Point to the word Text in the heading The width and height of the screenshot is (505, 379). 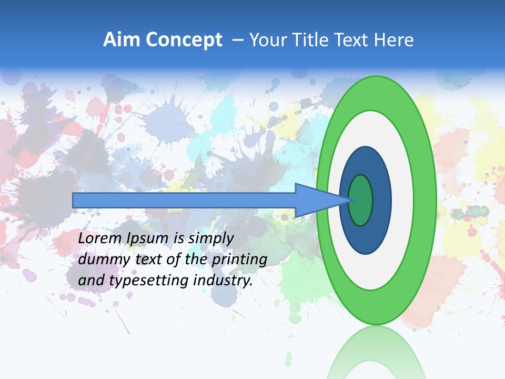pyautogui.click(x=355, y=40)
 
